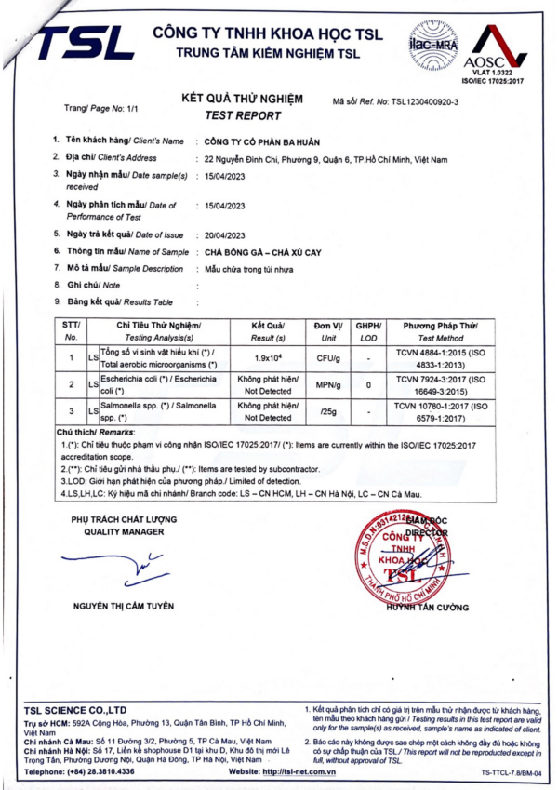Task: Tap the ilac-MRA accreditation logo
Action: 432,44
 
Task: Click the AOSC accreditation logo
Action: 499,51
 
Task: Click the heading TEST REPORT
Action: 243,115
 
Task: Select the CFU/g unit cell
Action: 325,358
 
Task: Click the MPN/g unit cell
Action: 325,384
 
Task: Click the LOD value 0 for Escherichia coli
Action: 368,384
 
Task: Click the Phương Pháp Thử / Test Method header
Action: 440,332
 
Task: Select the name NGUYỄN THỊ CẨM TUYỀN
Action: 124,606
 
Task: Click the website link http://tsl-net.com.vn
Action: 299,771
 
